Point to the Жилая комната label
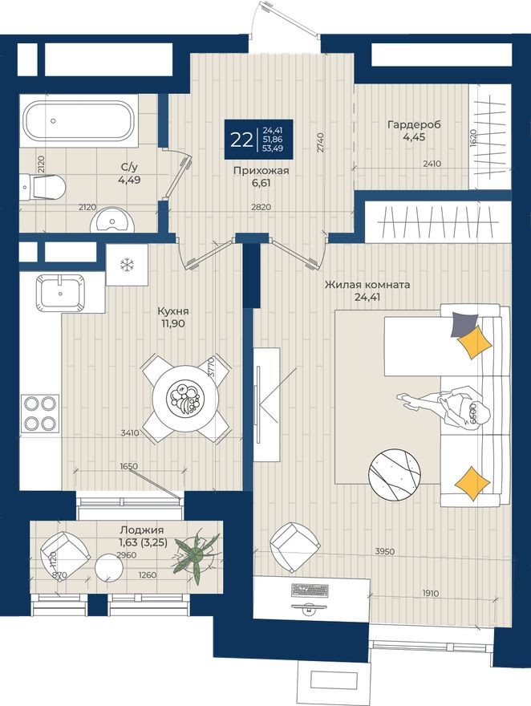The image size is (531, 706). (367, 286)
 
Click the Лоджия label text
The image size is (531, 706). (141, 529)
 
